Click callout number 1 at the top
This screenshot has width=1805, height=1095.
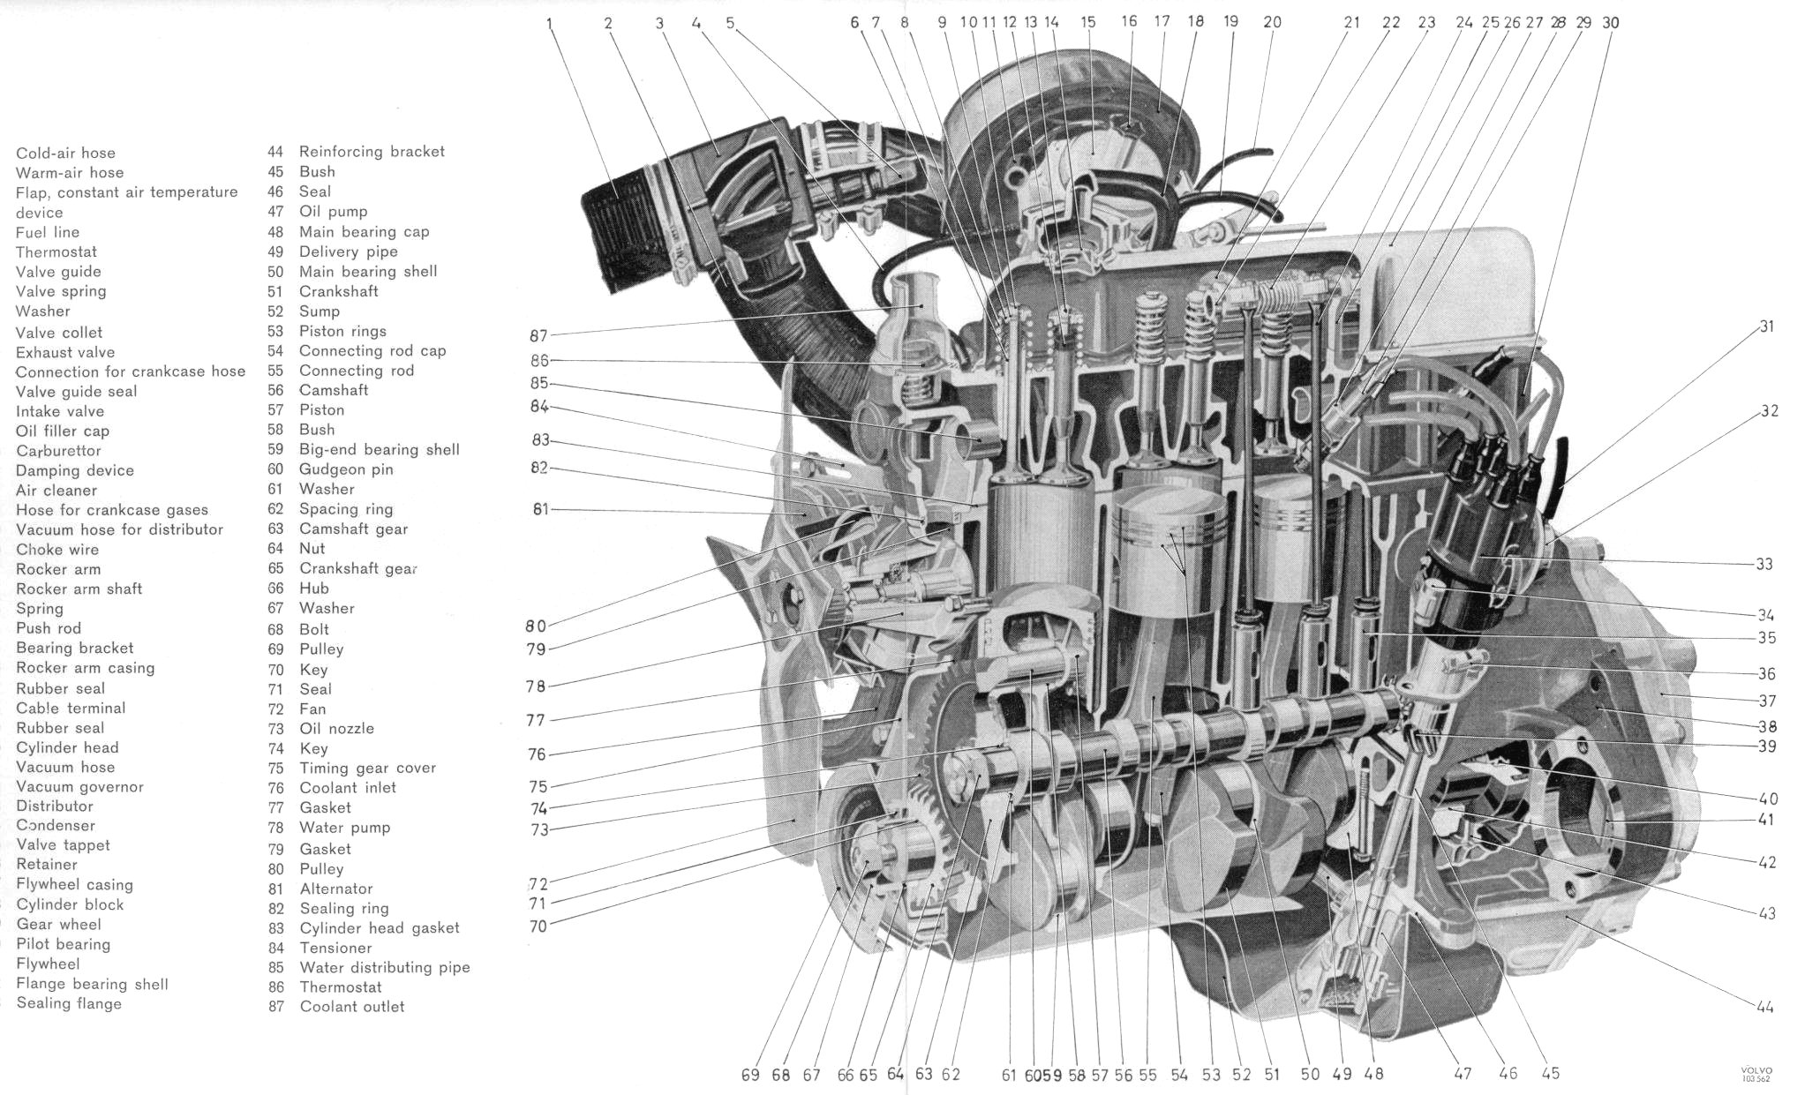click(550, 24)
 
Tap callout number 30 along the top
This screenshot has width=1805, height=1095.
click(1611, 23)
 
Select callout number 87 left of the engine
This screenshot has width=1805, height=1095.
click(538, 335)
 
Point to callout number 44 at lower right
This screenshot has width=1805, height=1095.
click(1764, 1007)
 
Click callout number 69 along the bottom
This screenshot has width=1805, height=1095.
click(750, 1075)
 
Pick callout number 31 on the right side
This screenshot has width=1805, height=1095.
click(1766, 326)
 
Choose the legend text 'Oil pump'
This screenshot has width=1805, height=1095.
click(333, 212)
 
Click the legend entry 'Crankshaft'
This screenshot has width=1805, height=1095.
click(338, 291)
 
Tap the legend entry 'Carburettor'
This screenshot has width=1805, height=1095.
click(58, 451)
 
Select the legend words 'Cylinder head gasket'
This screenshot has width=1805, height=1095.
click(380, 928)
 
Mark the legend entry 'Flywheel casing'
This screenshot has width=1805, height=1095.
click(74, 884)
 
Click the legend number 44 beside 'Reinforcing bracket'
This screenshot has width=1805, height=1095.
click(275, 152)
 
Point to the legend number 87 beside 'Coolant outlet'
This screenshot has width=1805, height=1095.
click(276, 1007)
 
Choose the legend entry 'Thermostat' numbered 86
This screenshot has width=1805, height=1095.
click(341, 987)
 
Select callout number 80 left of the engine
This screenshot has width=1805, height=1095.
click(536, 626)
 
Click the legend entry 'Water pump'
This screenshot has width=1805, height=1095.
click(344, 828)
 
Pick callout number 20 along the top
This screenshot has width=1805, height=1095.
click(1272, 23)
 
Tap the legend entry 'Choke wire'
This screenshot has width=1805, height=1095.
click(57, 549)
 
